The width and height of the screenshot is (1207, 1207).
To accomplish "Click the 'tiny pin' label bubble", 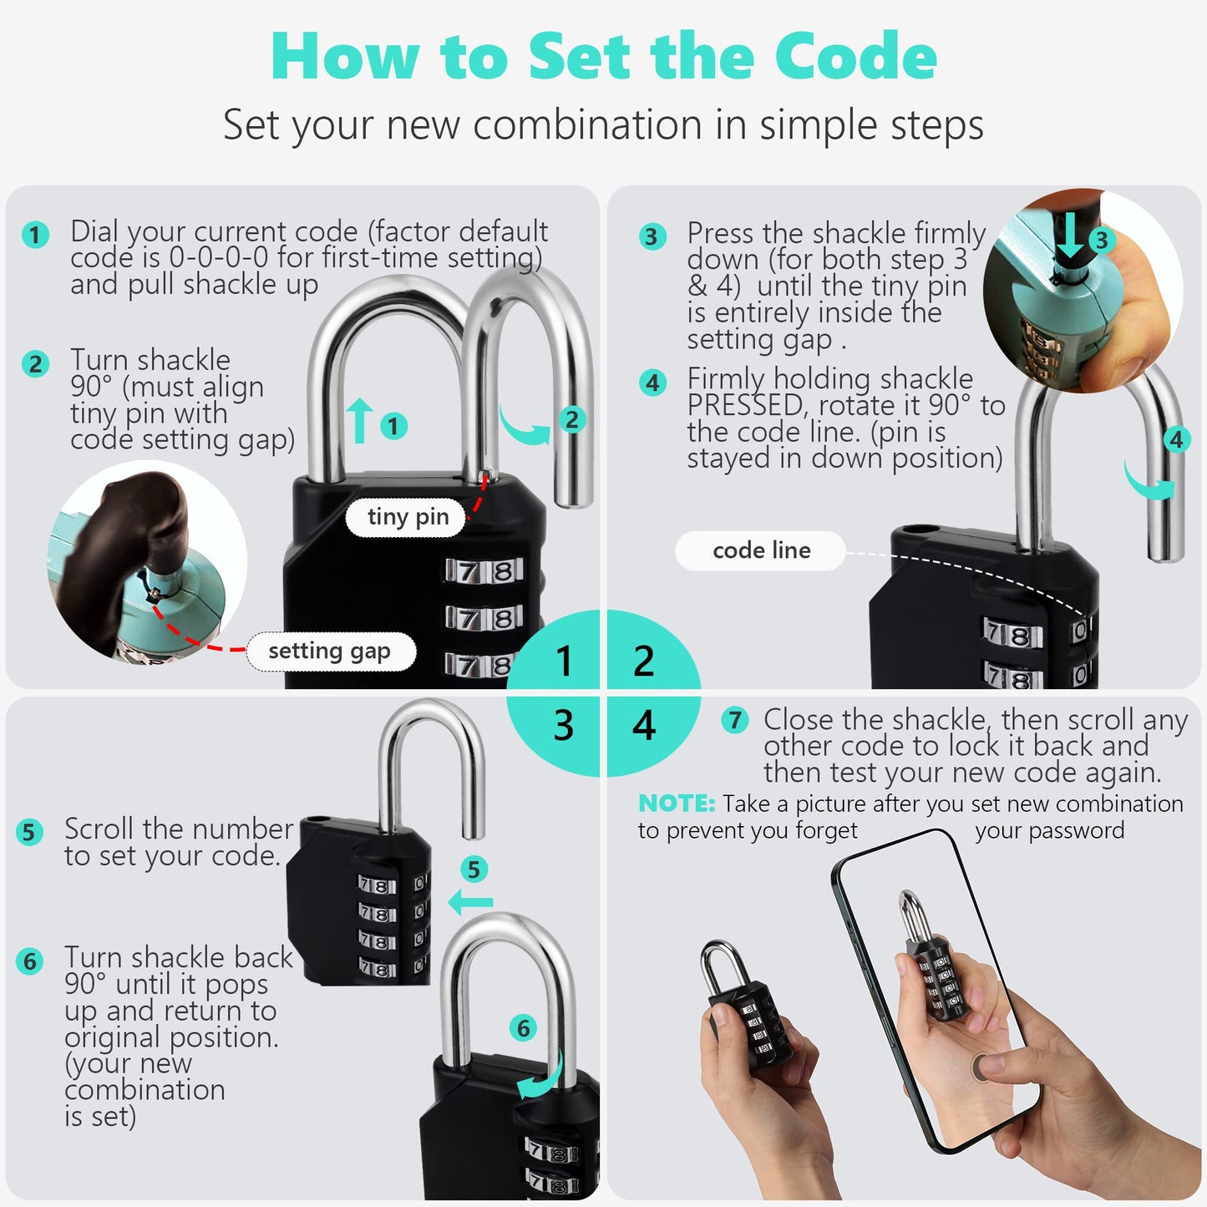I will pos(408,517).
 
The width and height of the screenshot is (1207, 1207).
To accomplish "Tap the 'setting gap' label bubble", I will pos(330,652).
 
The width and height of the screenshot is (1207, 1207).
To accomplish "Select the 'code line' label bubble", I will pos(761,550).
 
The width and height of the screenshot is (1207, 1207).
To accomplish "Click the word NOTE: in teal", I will pos(676,804).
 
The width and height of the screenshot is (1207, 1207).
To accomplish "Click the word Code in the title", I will pos(855,57).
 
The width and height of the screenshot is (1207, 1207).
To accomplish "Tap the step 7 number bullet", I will pos(734,719).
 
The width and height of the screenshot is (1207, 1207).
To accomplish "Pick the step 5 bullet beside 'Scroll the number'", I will pos(29,831).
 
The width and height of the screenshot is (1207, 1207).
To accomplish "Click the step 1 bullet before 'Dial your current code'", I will pos(35,235).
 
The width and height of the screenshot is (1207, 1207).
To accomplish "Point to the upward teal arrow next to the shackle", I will pos(359,420).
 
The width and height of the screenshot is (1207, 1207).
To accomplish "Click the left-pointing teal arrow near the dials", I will pos(470,902).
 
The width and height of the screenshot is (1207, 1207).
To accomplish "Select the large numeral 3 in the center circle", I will pos(564,725).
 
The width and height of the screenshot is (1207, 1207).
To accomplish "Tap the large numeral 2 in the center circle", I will pos(643,662).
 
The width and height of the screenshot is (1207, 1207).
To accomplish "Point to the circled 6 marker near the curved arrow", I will pos(523,1027).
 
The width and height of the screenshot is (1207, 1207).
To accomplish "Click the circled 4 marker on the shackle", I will pos(1176,439).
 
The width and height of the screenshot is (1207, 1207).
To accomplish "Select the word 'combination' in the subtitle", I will pos(587,125).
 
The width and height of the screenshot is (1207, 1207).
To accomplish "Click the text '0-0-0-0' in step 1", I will pos(219,257).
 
